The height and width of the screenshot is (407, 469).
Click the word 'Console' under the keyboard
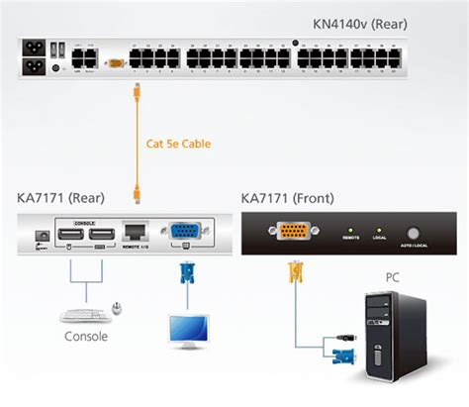[85, 336]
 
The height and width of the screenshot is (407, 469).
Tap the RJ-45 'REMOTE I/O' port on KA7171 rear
[136, 230]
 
